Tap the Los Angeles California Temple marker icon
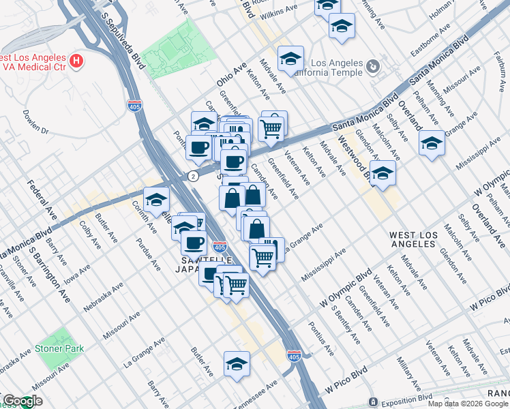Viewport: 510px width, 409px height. [372, 67]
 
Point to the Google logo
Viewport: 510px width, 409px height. [22, 402]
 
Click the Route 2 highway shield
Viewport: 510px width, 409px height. [194, 176]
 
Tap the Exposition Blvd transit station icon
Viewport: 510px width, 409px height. [373, 402]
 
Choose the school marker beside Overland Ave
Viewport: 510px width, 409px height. [432, 144]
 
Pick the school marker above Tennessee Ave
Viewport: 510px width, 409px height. [237, 363]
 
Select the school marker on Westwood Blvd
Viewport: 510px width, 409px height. [383, 173]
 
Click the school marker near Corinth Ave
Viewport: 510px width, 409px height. [157, 199]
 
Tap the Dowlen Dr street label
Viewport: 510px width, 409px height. [35, 121]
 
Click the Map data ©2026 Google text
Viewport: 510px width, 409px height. [467, 404]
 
